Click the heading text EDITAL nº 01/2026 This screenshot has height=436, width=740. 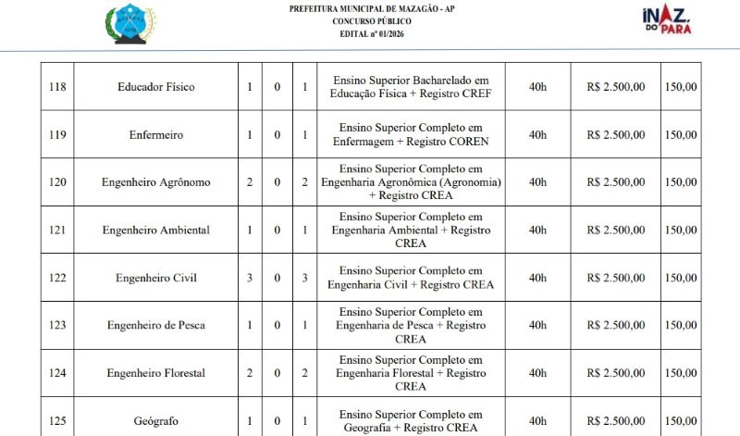(x=372, y=34)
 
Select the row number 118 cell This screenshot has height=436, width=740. (x=57, y=87)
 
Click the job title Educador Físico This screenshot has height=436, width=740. (x=155, y=87)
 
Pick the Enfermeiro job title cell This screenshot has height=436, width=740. (x=155, y=134)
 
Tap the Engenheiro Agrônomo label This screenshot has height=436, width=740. (x=155, y=182)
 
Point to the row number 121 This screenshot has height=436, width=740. (x=57, y=230)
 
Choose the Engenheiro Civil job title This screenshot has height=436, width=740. (x=155, y=278)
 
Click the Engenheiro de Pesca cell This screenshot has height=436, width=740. (x=155, y=325)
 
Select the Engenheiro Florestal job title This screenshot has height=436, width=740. (x=155, y=373)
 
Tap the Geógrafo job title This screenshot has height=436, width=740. (x=155, y=421)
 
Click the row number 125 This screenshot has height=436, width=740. (x=57, y=421)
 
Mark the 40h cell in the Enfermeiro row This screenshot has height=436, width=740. (x=537, y=134)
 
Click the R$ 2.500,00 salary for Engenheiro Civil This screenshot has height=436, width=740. (x=616, y=278)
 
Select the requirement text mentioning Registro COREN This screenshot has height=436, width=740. (x=411, y=134)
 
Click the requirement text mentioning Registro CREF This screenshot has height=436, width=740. (x=411, y=87)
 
